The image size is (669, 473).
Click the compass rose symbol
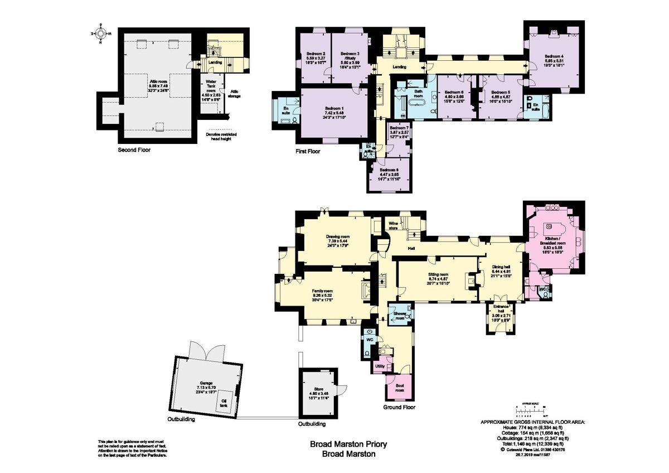tap(101, 33)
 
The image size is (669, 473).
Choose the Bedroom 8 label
tap(389, 173)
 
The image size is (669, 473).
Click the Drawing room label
tap(338, 240)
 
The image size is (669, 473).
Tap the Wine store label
tap(395, 225)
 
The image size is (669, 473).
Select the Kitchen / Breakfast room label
tap(552, 247)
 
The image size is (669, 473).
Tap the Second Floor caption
tap(134, 150)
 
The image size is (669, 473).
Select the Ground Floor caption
tap(399, 407)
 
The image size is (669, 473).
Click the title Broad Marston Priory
tap(348, 445)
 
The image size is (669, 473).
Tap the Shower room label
tap(400, 315)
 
